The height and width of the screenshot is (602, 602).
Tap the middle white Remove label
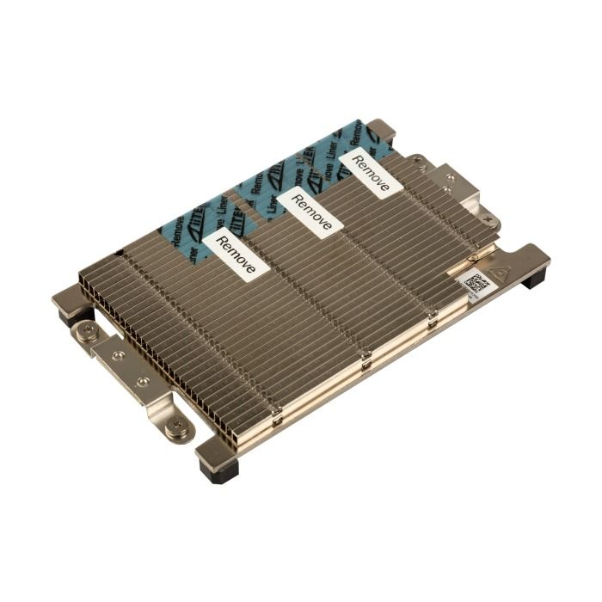coord(310,212)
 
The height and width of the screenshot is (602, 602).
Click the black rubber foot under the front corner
coord(218,469)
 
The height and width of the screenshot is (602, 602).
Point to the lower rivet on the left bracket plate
coord(144,380)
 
